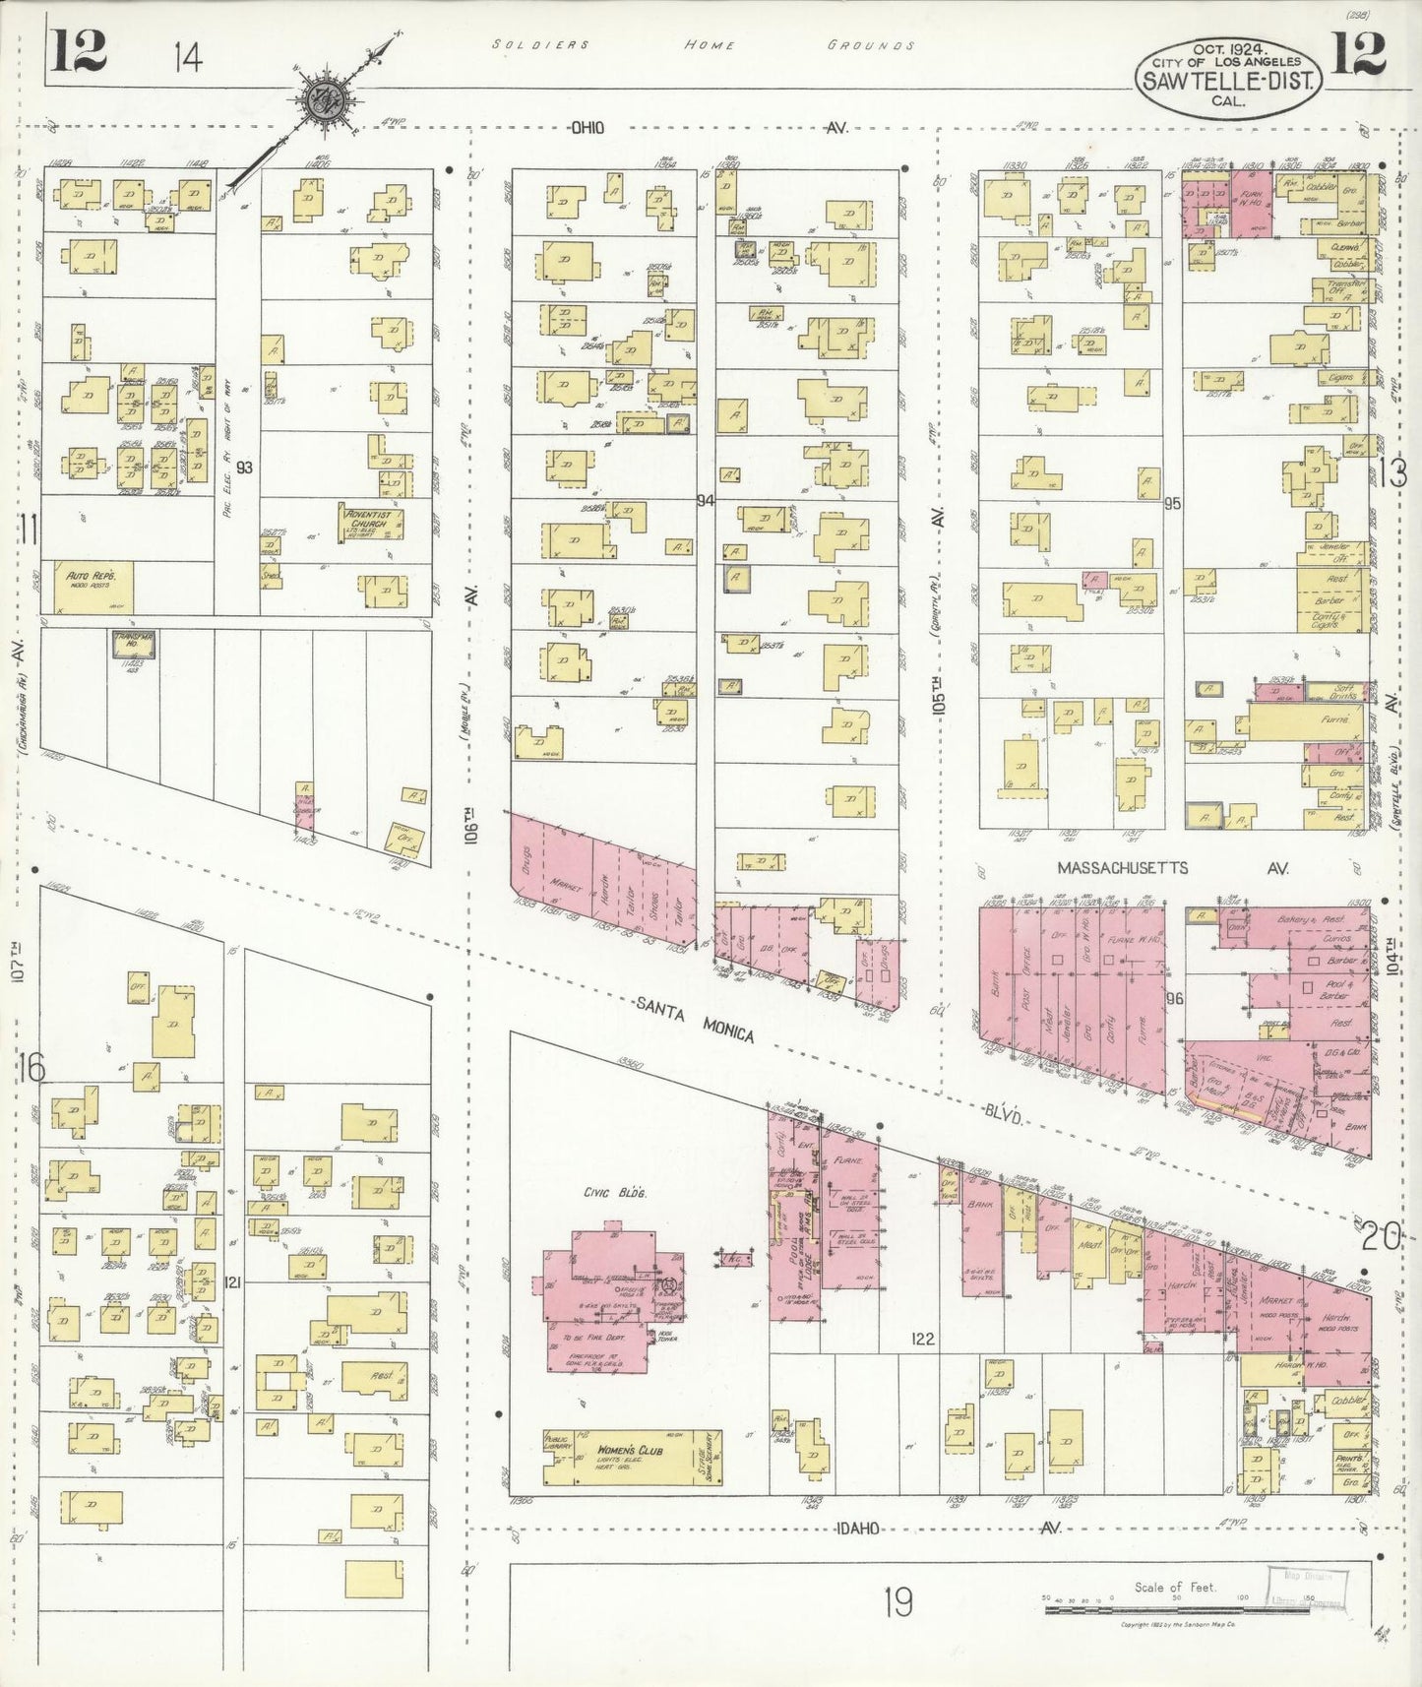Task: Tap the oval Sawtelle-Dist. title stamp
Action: coord(1227,74)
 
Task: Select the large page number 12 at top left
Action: coord(79,52)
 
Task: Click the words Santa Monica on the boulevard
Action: coord(695,1019)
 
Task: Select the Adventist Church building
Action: coord(372,523)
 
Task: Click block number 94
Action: coord(704,501)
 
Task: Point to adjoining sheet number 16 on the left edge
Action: coord(32,1068)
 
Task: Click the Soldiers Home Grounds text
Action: coord(705,45)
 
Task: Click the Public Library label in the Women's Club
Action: coord(558,1443)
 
